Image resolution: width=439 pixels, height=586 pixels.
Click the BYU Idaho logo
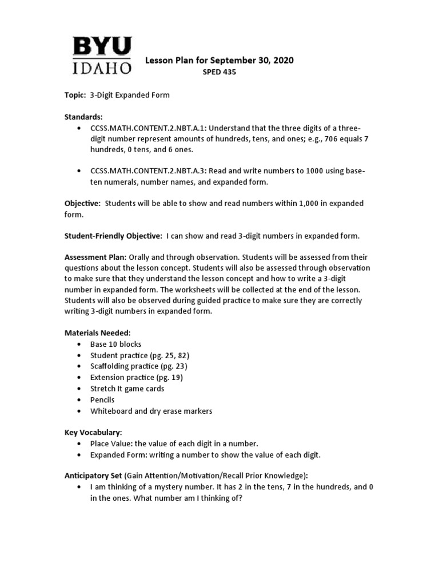click(x=101, y=56)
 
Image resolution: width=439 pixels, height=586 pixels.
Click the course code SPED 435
click(x=219, y=72)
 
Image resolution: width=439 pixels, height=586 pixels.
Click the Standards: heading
click(x=83, y=117)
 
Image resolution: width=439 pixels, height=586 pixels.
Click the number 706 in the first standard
click(x=332, y=138)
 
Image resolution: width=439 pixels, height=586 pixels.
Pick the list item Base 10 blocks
click(x=115, y=345)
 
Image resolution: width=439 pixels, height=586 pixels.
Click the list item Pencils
click(x=102, y=399)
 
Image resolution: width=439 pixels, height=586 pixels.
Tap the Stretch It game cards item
click(x=127, y=389)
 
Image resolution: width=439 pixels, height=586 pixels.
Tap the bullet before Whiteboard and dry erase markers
click(x=78, y=411)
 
